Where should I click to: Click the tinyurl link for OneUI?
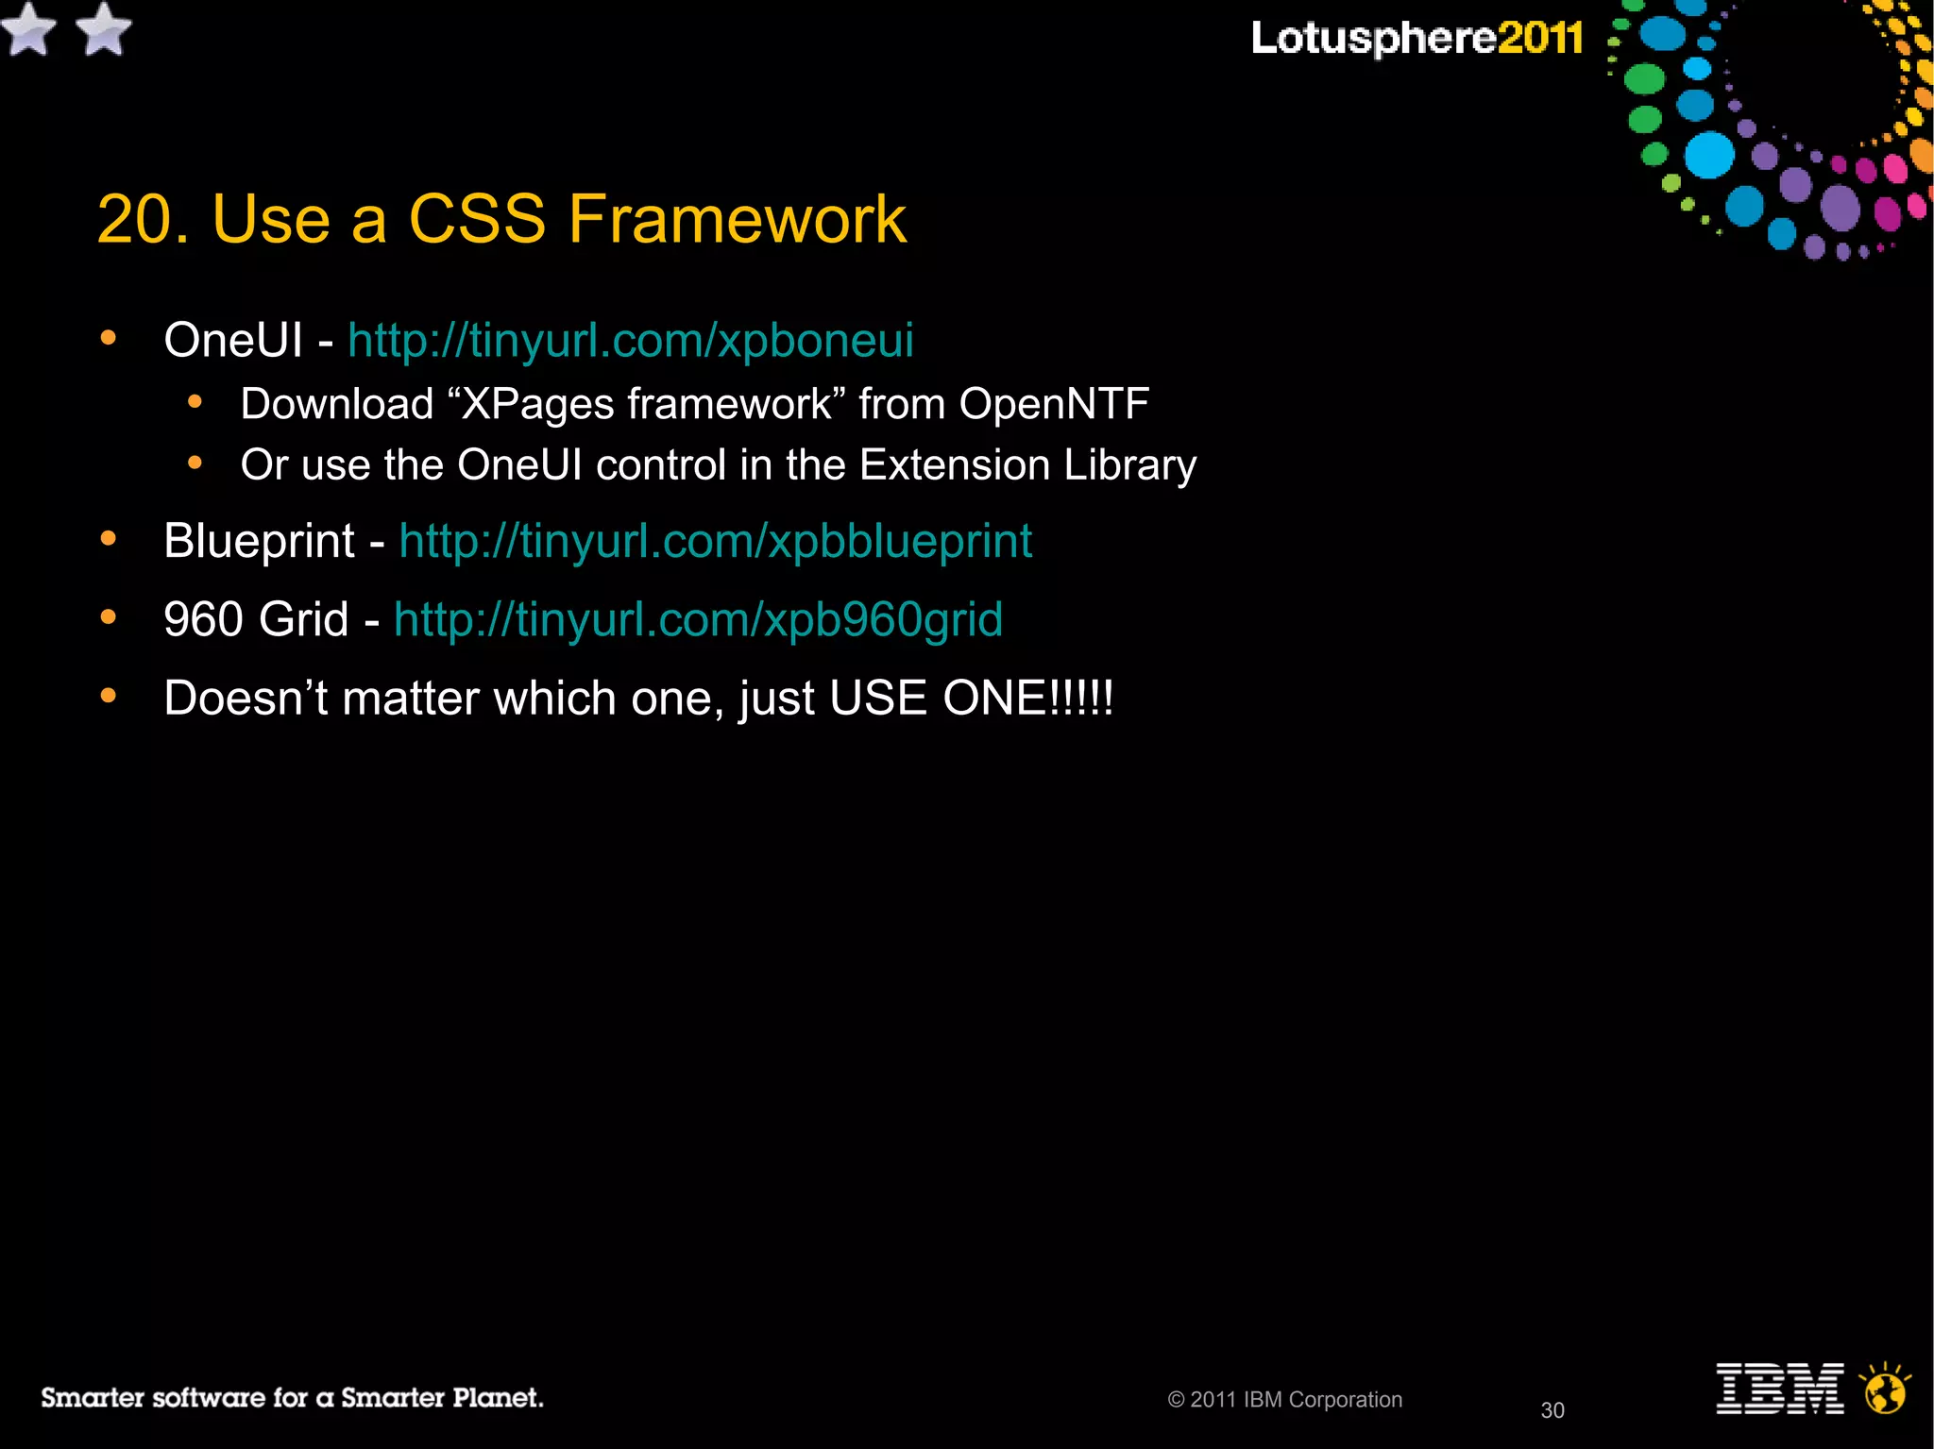coord(630,341)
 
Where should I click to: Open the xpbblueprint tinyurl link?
coord(715,542)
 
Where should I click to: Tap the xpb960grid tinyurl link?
coord(698,620)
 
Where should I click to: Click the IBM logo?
coord(1779,1389)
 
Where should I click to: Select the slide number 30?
coord(1552,1410)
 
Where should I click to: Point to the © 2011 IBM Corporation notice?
coord(1284,1400)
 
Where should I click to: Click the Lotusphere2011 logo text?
coord(1417,39)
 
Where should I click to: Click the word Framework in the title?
coord(737,220)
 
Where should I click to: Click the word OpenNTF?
coord(1054,404)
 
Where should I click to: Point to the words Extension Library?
coord(1027,465)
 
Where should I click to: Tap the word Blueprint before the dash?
coord(259,542)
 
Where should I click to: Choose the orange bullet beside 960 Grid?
coord(109,617)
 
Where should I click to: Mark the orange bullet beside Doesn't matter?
coord(109,697)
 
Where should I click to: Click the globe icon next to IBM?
coord(1885,1390)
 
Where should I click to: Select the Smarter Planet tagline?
coord(292,1398)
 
